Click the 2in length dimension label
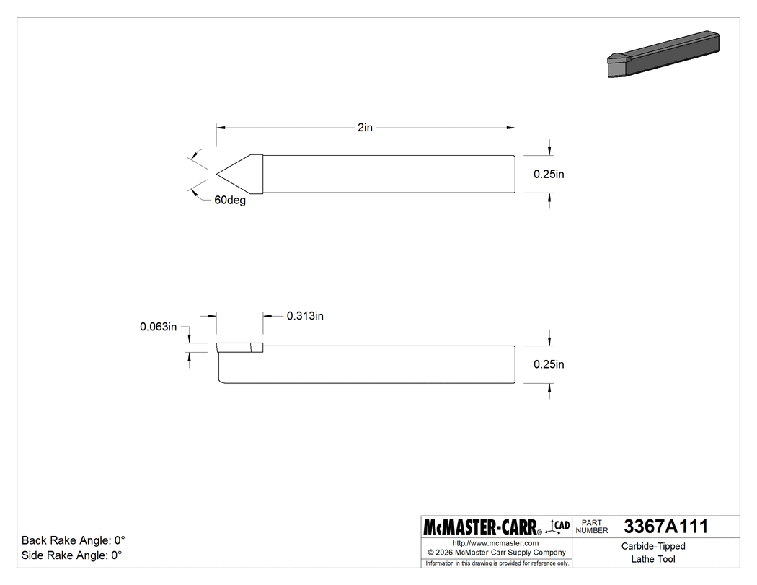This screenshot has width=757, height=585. (x=366, y=128)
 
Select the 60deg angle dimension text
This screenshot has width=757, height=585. (x=230, y=201)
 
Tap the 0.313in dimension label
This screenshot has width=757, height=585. (x=305, y=316)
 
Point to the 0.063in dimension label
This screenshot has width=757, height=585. (x=159, y=327)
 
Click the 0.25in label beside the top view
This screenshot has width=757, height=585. (x=549, y=174)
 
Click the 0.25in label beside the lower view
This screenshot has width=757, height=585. (x=549, y=364)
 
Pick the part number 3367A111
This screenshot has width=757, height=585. (x=665, y=527)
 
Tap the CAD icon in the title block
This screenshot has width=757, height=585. (x=560, y=526)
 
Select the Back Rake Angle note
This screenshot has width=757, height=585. (x=74, y=540)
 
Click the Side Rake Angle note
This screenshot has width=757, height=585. (x=72, y=555)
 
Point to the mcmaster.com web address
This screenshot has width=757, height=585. (x=495, y=543)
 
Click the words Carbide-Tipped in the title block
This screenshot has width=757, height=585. (x=653, y=546)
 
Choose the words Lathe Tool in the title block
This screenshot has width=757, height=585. (x=653, y=559)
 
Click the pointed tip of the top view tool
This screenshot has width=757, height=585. (x=218, y=174)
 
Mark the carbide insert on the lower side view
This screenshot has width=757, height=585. (x=239, y=348)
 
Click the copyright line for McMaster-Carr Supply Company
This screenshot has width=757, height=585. (x=495, y=553)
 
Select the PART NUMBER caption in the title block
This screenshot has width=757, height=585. (x=592, y=526)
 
